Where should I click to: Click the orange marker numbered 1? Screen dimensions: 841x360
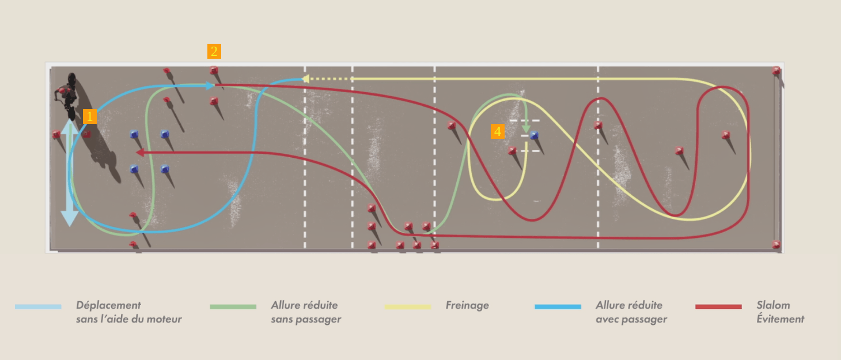coord(90,116)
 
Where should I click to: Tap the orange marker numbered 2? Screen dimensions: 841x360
coord(214,51)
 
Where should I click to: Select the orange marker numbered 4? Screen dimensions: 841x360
coord(498,131)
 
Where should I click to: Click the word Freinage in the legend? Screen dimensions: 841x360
coord(467,305)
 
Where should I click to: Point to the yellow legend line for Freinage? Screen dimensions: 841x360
coord(408,306)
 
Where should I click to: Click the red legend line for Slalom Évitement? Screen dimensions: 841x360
coord(718,306)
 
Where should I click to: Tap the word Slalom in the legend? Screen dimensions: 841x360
coord(773,305)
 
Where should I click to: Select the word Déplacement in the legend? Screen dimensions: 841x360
coord(108,305)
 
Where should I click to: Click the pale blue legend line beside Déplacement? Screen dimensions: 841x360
coord(38,306)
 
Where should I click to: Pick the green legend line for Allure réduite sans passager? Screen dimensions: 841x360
coord(233,306)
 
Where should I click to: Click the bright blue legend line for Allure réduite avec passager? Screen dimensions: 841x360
coord(558,306)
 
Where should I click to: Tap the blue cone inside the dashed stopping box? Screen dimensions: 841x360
coord(534,135)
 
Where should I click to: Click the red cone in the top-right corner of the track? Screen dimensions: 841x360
coord(776,71)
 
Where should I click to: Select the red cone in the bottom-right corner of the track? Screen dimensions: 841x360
coord(776,245)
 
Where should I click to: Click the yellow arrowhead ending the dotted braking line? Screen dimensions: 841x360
coord(305,79)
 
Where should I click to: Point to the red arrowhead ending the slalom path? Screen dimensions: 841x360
coord(139,153)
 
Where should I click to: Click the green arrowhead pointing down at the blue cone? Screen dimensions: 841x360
coord(526,129)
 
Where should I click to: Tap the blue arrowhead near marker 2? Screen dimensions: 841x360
coord(210,86)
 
